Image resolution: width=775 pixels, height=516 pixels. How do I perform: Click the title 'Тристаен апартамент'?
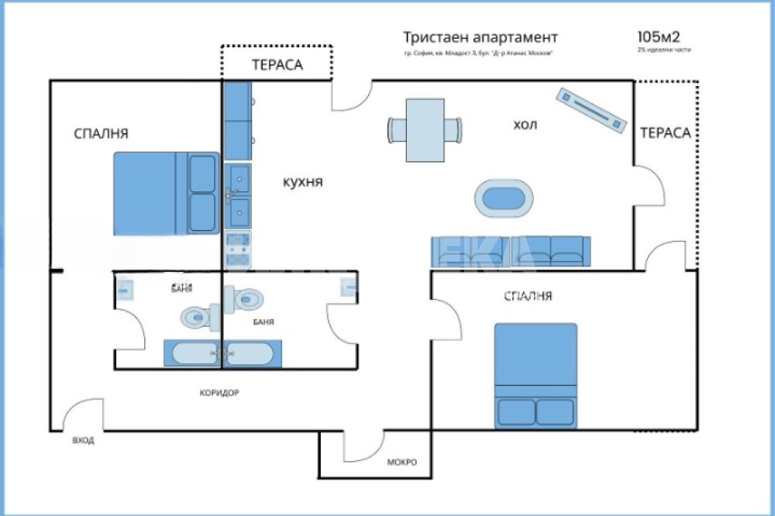point(480,37)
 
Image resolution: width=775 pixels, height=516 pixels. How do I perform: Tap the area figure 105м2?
point(660,36)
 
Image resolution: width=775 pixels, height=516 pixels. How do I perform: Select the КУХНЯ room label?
point(301,183)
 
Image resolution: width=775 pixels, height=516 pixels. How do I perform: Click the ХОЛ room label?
point(525,124)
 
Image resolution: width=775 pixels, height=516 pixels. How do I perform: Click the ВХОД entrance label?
point(83,440)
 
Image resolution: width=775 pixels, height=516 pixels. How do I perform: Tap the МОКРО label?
point(402,463)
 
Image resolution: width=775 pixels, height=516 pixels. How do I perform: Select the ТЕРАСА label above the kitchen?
point(277,65)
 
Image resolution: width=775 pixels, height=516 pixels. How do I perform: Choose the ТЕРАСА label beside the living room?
point(665,132)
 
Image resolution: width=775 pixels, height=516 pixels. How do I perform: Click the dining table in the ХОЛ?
point(425,129)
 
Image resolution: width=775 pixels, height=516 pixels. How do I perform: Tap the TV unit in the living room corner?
point(591,110)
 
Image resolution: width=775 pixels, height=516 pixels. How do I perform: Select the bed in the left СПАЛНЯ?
point(167,193)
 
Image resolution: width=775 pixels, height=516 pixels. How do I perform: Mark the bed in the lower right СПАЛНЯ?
point(536,375)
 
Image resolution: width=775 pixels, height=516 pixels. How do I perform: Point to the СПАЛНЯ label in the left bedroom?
point(101,133)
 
